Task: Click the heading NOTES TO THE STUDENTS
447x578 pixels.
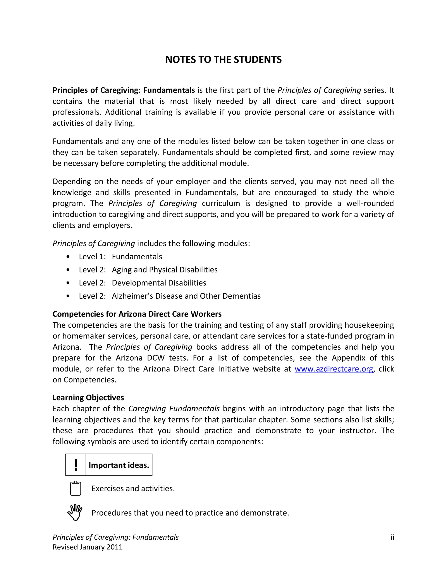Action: (x=223, y=60)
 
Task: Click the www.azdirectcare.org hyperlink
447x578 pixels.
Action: (x=334, y=369)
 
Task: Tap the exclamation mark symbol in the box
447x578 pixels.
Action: (x=76, y=465)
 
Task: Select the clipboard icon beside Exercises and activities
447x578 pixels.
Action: (x=76, y=488)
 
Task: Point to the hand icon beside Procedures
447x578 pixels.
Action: (x=75, y=512)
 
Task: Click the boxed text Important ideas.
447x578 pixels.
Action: (x=119, y=465)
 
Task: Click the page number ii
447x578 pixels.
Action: (x=392, y=537)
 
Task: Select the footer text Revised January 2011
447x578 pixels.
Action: (x=87, y=547)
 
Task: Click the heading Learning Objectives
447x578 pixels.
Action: (x=88, y=397)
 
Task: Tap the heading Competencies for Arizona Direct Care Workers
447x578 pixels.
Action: (x=137, y=314)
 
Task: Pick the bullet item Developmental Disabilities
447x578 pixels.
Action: (x=159, y=283)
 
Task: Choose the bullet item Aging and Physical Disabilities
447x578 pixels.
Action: (x=164, y=269)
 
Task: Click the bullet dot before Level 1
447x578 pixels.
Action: (x=68, y=257)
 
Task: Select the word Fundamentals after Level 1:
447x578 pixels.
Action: (x=137, y=257)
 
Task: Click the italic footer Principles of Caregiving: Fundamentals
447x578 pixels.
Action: (x=115, y=537)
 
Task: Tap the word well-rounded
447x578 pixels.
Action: (x=370, y=203)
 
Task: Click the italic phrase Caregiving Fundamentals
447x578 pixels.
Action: (x=174, y=409)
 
